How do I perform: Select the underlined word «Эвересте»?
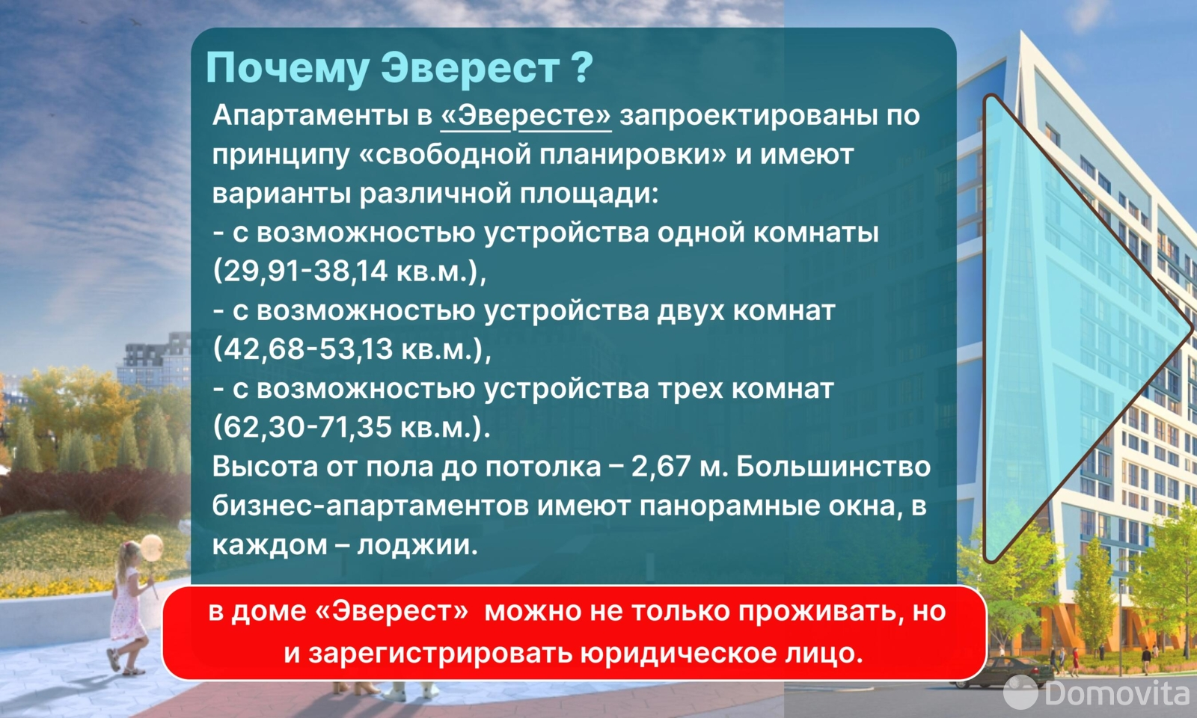tap(526, 115)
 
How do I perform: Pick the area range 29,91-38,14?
tap(303, 271)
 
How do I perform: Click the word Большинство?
tap(833, 467)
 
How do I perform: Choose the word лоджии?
tap(417, 545)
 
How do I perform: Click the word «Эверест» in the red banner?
tap(392, 611)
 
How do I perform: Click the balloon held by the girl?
tap(151, 547)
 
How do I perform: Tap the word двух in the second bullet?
tap(690, 312)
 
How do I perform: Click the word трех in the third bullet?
tap(690, 390)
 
